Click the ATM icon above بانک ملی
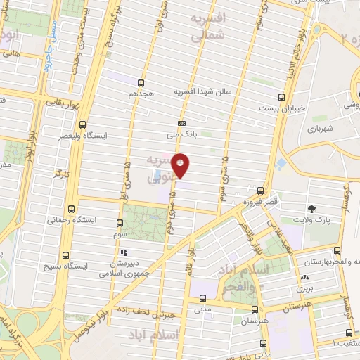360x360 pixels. coord(181,122)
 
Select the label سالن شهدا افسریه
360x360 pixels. coord(207,91)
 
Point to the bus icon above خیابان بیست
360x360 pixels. coord(281,97)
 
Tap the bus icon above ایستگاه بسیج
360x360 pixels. coord(65,255)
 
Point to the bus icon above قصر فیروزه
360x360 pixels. coord(261,191)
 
